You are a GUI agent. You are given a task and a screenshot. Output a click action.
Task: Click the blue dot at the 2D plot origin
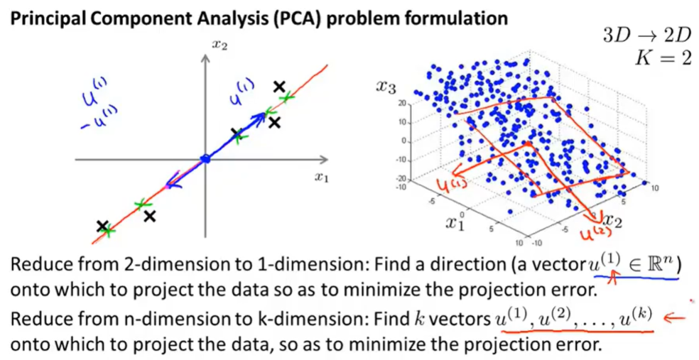coord(205,159)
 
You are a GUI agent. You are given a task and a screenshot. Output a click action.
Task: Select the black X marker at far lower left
coord(104,227)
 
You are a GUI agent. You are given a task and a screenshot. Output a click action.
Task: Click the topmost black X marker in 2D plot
coord(280,87)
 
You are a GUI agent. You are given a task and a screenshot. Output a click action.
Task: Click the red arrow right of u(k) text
coord(677,317)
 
